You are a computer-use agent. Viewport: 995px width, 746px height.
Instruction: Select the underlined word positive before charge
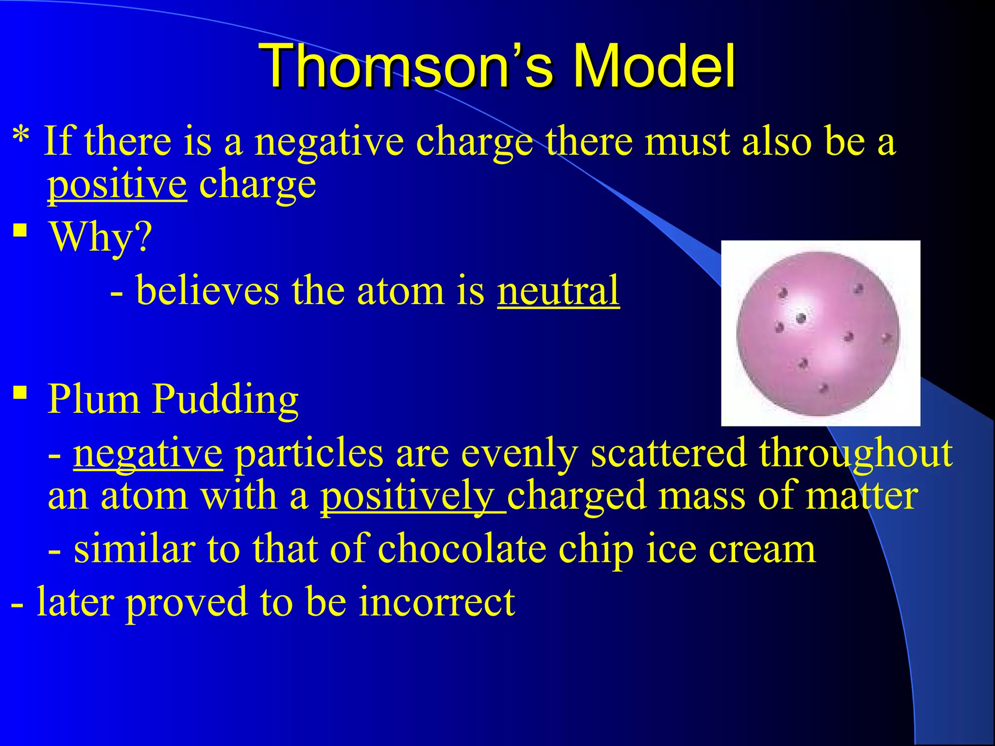[117, 185]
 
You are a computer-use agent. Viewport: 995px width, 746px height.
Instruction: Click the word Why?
[100, 238]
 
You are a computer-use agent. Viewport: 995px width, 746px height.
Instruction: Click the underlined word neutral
[558, 291]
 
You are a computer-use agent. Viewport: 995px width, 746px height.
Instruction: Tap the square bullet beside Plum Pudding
[20, 391]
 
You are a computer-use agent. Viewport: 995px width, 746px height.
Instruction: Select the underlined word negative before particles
[148, 453]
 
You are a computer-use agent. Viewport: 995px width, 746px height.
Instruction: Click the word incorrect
[437, 602]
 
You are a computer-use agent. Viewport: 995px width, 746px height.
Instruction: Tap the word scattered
[669, 453]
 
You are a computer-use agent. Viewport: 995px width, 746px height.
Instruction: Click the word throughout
[855, 453]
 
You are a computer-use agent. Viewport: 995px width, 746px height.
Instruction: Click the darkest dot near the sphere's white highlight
[801, 319]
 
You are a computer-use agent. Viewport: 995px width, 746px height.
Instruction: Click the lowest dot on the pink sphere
[823, 389]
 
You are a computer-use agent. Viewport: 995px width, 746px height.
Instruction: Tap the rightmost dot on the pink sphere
[886, 337]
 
